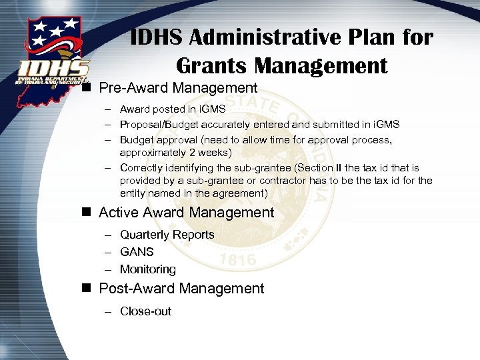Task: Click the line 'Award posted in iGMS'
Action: [x=173, y=109]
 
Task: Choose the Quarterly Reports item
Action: [x=167, y=235]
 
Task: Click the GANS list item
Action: [x=137, y=252]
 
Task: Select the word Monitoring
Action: [x=148, y=269]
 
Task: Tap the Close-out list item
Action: [x=145, y=311]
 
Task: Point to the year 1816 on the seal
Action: [x=237, y=258]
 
